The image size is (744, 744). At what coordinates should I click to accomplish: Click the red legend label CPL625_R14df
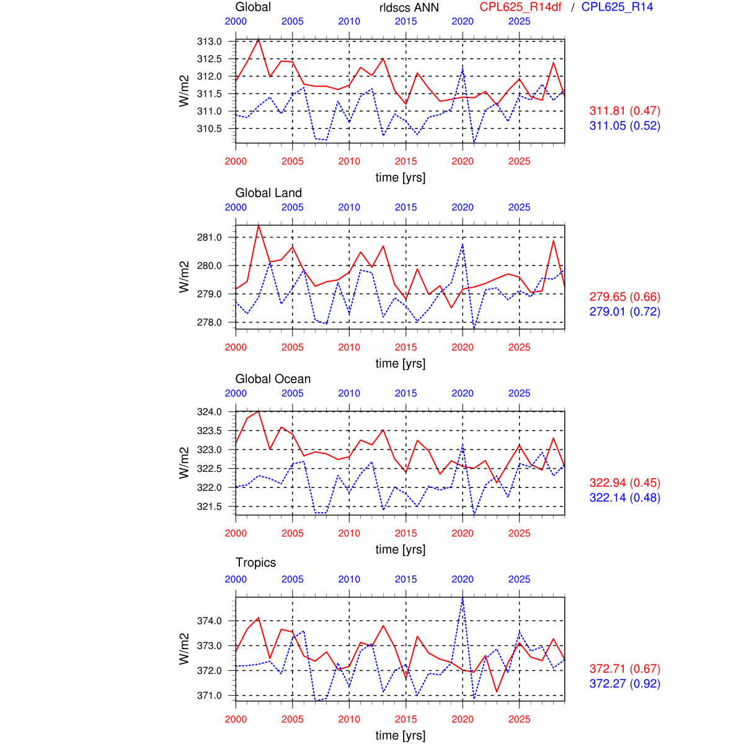[520, 7]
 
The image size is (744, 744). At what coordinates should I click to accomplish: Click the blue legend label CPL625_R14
[617, 7]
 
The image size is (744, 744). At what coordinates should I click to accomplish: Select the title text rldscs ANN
[409, 7]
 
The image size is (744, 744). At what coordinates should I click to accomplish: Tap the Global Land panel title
[268, 193]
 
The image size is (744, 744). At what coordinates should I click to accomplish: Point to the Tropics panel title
[255, 562]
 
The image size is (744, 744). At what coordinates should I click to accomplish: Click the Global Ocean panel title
[273, 379]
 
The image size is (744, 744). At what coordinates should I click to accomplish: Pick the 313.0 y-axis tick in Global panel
[209, 42]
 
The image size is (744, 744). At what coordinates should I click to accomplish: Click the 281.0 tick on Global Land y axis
[209, 237]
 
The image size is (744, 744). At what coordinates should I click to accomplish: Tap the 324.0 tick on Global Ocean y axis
[209, 412]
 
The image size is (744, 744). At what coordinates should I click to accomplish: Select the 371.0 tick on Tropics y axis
[209, 696]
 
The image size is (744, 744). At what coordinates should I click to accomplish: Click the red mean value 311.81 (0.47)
[624, 111]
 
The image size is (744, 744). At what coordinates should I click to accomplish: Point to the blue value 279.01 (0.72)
[624, 312]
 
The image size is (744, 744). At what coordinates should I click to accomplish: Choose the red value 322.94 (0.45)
[624, 483]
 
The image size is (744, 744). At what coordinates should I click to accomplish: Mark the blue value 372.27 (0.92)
[624, 684]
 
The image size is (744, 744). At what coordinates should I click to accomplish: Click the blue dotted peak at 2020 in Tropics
[463, 598]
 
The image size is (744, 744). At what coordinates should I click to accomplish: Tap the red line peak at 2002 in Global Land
[259, 225]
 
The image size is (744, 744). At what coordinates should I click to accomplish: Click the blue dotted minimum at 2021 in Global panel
[474, 142]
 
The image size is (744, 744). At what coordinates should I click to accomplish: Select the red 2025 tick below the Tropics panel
[520, 719]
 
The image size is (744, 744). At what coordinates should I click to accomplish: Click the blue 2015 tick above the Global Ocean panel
[406, 393]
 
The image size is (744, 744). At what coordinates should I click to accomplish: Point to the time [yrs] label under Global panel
[401, 177]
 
